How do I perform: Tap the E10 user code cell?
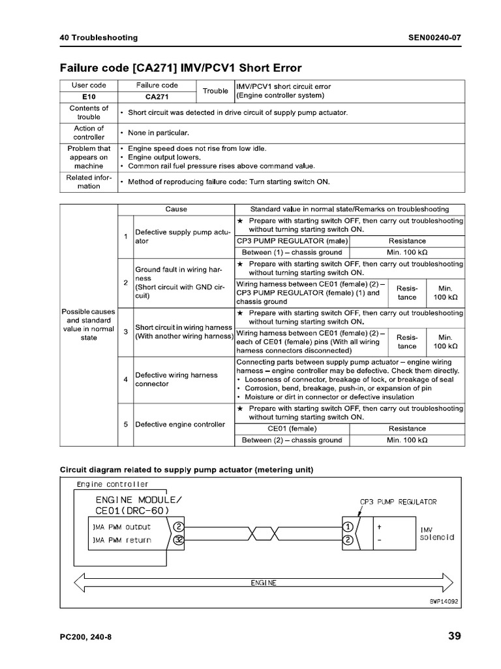(89, 96)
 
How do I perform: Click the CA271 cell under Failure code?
(157, 96)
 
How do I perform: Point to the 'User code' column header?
(89, 86)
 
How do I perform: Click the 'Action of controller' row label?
(89, 133)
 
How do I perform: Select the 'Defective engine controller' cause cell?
(179, 424)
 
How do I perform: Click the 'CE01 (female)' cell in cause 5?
(292, 429)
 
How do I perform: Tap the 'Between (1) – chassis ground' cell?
(292, 252)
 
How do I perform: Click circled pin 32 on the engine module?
(179, 540)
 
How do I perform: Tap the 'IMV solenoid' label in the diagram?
(436, 533)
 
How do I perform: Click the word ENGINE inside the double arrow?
(264, 583)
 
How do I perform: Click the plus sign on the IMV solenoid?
(379, 526)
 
